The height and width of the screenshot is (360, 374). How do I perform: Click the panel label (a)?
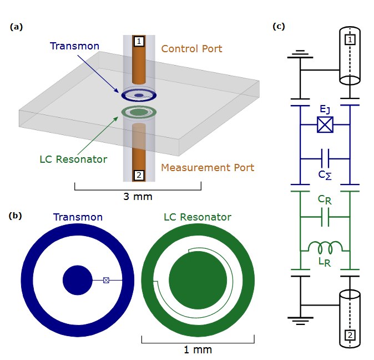point(16,26)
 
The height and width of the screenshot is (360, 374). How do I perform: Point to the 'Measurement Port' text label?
point(208,167)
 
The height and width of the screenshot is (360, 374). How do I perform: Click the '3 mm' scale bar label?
point(138,197)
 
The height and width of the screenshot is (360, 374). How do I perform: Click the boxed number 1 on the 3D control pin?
point(139,42)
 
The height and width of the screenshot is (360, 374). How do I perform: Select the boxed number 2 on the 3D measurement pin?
point(139,176)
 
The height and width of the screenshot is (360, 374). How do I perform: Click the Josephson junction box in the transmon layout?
point(106,281)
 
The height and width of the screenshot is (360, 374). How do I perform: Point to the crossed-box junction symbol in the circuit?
point(325,125)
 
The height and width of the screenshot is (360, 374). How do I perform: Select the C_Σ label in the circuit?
point(325,174)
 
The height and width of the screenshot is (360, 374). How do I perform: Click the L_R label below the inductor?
point(325,262)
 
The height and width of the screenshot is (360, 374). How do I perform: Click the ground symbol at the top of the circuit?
point(300,54)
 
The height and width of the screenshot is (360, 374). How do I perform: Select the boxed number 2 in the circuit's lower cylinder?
point(350,335)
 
